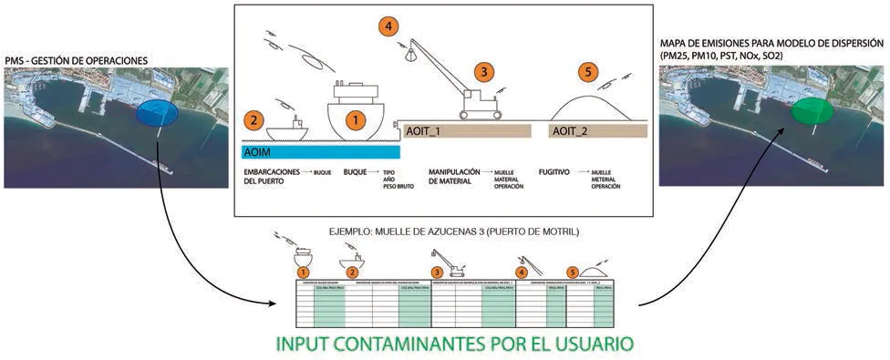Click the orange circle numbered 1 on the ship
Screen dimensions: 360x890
356,118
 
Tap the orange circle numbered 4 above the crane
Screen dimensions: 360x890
390,26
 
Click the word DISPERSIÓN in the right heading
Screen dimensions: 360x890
847,42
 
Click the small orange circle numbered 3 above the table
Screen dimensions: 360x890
438,271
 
